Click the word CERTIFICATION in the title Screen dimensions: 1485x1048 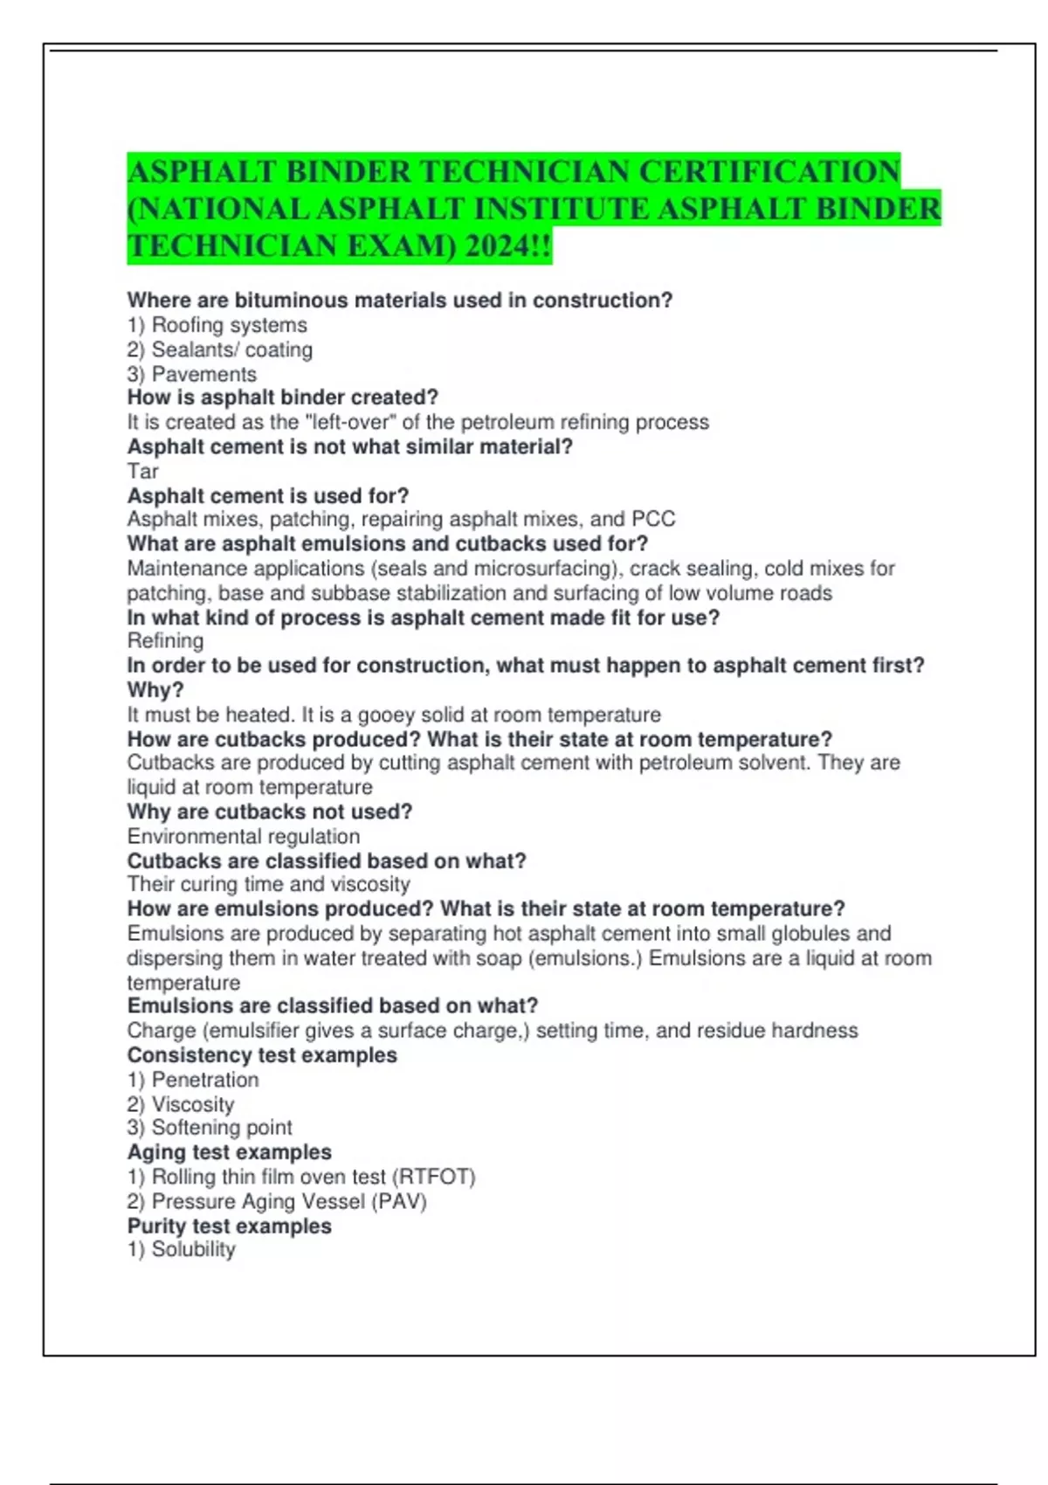tap(769, 171)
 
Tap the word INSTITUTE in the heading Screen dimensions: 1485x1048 tap(562, 209)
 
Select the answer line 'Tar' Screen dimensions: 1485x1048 tap(142, 472)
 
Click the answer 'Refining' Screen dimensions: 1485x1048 tap(165, 641)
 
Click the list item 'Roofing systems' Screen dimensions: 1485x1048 tap(229, 325)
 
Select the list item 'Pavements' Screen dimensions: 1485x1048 tap(203, 374)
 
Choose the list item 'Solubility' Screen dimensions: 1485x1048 tap(193, 1250)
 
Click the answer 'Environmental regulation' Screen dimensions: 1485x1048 tap(243, 836)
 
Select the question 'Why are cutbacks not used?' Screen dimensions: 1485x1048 tap(269, 812)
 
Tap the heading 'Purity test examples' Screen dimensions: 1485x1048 tap(229, 1226)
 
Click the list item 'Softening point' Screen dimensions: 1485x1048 tap(222, 1128)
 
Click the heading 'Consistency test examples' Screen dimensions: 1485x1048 tap(262, 1055)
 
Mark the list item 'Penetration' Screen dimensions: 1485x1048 tap(205, 1080)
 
